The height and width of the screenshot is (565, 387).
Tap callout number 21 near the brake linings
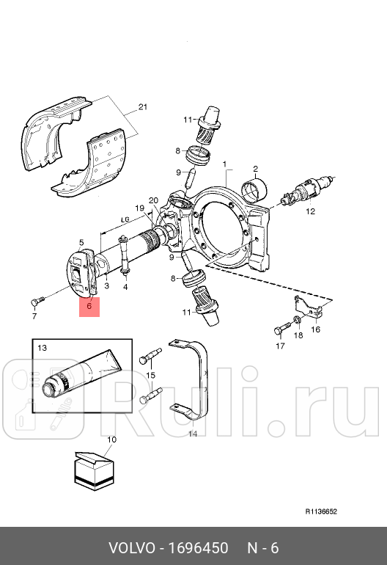pyautogui.click(x=142, y=108)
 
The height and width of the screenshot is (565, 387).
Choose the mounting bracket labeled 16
pyautogui.click(x=309, y=308)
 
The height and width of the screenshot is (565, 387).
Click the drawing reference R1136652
pyautogui.click(x=321, y=512)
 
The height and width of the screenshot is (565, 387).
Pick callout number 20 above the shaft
pyautogui.click(x=153, y=200)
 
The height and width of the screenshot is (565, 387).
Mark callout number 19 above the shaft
pyautogui.click(x=139, y=208)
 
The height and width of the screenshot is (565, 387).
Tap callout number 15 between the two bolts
pyautogui.click(x=151, y=376)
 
